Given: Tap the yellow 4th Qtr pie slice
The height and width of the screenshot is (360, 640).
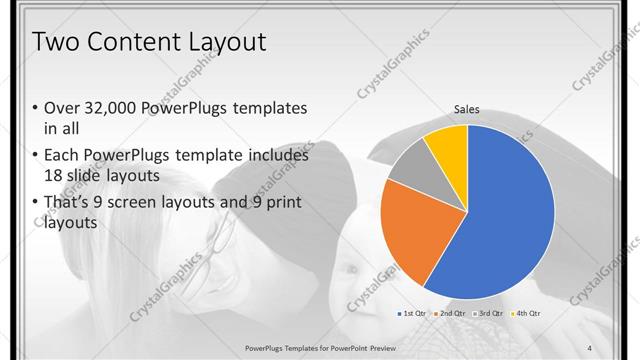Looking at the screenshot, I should [x=446, y=145].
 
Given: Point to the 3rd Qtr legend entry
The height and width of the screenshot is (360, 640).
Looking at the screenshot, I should [x=488, y=313].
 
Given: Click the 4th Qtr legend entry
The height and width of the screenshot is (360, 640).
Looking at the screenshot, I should [x=524, y=313].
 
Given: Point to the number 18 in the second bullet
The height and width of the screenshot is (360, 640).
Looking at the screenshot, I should [x=54, y=176].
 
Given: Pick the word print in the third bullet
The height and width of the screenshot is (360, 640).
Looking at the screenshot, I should [x=280, y=203].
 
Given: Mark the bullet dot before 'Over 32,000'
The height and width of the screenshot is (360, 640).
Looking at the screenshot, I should [x=36, y=108].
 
